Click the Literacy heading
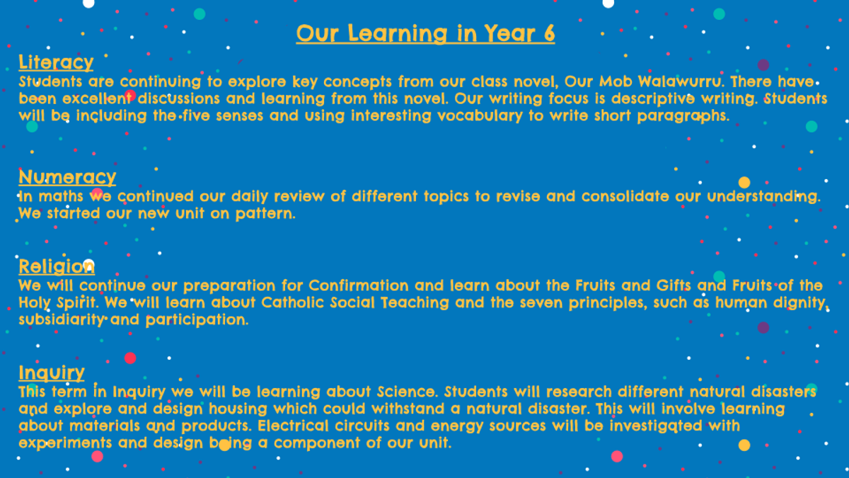(56, 62)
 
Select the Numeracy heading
(67, 177)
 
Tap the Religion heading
(57, 266)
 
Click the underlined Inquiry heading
(52, 372)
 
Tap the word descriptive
(653, 99)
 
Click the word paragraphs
(683, 116)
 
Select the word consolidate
(625, 197)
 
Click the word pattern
(265, 214)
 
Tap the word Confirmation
(359, 285)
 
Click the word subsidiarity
(62, 320)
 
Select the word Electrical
(294, 426)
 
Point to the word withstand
(408, 409)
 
